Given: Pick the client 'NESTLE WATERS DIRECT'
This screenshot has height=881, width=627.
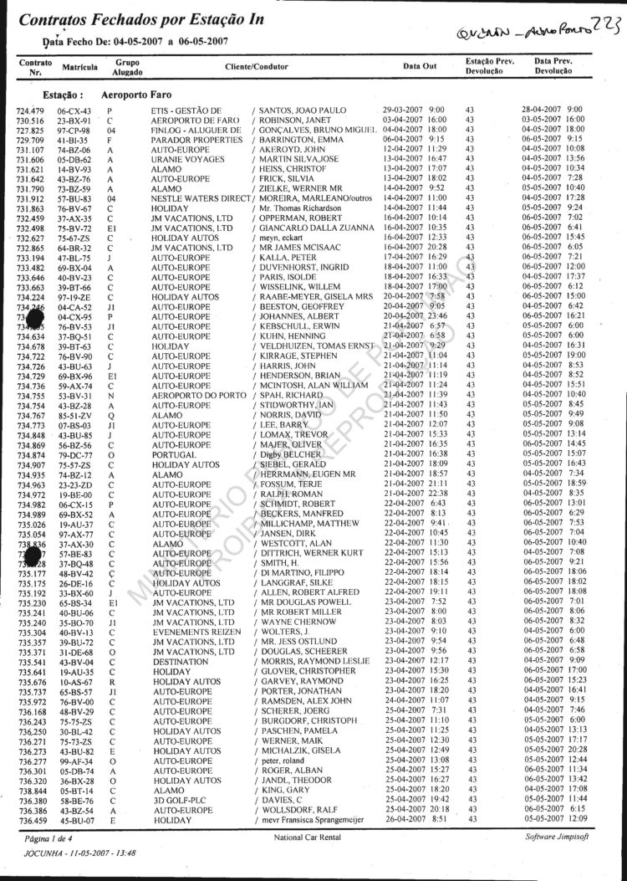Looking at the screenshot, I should tap(201, 175).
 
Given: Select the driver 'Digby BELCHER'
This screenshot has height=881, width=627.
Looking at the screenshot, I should tap(286, 453).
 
